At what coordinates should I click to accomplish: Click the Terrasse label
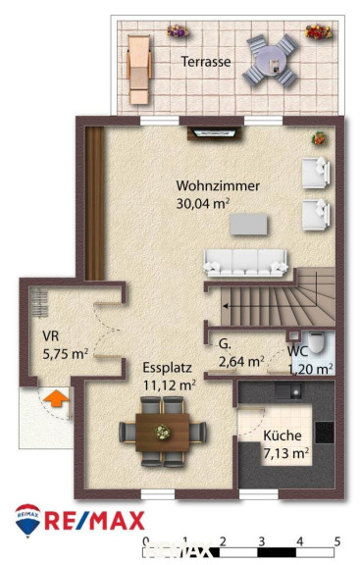[206, 62]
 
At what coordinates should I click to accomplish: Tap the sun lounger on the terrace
[138, 70]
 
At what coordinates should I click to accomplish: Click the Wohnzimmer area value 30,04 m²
[203, 204]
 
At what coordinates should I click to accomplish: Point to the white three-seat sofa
[245, 263]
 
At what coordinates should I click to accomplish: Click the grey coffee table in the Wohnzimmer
[248, 224]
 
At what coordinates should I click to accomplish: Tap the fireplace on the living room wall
[214, 133]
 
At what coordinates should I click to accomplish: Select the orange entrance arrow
[56, 398]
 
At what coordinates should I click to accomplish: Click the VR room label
[50, 336]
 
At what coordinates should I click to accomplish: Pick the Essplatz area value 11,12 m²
[170, 385]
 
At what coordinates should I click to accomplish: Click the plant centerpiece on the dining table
[162, 432]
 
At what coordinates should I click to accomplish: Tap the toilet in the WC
[317, 342]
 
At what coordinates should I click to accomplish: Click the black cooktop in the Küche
[325, 433]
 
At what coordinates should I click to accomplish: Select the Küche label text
[283, 436]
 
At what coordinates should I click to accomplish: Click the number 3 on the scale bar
[262, 541]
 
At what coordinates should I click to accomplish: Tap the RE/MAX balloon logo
[27, 520]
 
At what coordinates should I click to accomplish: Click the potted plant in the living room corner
[319, 138]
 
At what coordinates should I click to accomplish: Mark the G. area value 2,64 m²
[241, 361]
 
